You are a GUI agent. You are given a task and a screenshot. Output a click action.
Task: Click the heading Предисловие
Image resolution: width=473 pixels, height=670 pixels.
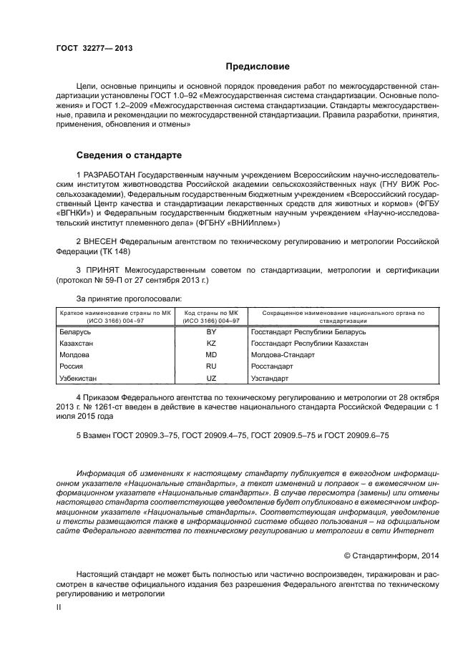(258, 67)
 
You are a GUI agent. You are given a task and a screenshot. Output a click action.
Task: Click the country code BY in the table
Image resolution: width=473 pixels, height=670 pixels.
(211, 333)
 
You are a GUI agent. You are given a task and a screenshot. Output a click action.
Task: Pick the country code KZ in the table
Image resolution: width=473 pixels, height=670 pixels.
(211, 344)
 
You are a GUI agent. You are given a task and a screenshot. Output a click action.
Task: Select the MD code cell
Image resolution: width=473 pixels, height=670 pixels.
(211, 355)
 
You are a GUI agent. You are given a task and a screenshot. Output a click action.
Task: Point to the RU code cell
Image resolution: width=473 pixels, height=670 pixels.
(211, 366)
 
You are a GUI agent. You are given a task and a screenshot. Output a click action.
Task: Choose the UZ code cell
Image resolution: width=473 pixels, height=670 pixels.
(211, 377)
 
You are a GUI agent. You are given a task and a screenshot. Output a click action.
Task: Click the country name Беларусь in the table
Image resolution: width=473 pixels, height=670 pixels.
(75, 333)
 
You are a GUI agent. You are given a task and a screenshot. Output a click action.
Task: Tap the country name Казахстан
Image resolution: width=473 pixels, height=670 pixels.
(77, 344)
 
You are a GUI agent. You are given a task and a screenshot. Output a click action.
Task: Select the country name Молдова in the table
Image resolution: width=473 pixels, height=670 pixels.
(75, 355)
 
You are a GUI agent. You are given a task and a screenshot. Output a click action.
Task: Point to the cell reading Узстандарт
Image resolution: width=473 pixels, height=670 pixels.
(270, 377)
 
